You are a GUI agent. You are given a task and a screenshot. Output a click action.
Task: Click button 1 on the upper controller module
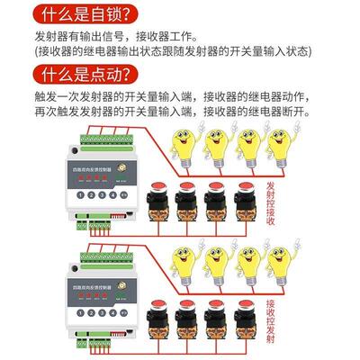(x=80, y=193)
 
